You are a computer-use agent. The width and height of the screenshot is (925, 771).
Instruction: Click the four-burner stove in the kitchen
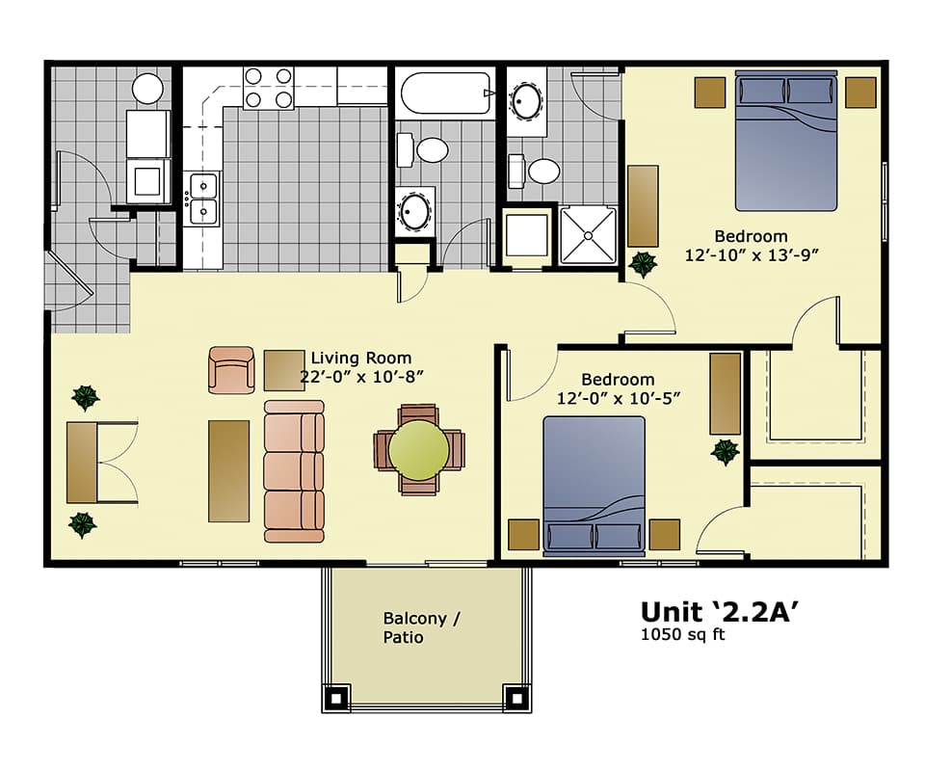point(269,87)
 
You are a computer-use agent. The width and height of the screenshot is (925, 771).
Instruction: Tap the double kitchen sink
point(203,199)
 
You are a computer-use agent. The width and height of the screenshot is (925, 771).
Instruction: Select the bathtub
point(445,93)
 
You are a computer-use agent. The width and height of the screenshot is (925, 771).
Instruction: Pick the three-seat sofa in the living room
point(294,470)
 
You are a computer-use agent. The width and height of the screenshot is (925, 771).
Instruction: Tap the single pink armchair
point(231,370)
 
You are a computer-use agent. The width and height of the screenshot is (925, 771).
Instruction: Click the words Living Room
point(360,358)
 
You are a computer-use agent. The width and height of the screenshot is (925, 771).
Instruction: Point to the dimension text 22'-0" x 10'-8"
point(362,377)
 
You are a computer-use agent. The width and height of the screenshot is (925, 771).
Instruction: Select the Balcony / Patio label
point(420,627)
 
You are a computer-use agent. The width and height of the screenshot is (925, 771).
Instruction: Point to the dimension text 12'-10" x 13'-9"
point(751,255)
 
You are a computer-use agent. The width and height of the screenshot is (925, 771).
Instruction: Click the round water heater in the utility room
point(147,89)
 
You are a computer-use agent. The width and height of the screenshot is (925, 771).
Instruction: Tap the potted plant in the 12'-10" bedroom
point(641,263)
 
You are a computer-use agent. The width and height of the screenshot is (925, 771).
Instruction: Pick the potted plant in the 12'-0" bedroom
point(725,451)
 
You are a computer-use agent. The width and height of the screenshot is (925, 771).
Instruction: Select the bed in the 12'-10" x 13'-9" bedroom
point(787,140)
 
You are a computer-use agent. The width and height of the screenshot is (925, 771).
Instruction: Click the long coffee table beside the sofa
point(228,470)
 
